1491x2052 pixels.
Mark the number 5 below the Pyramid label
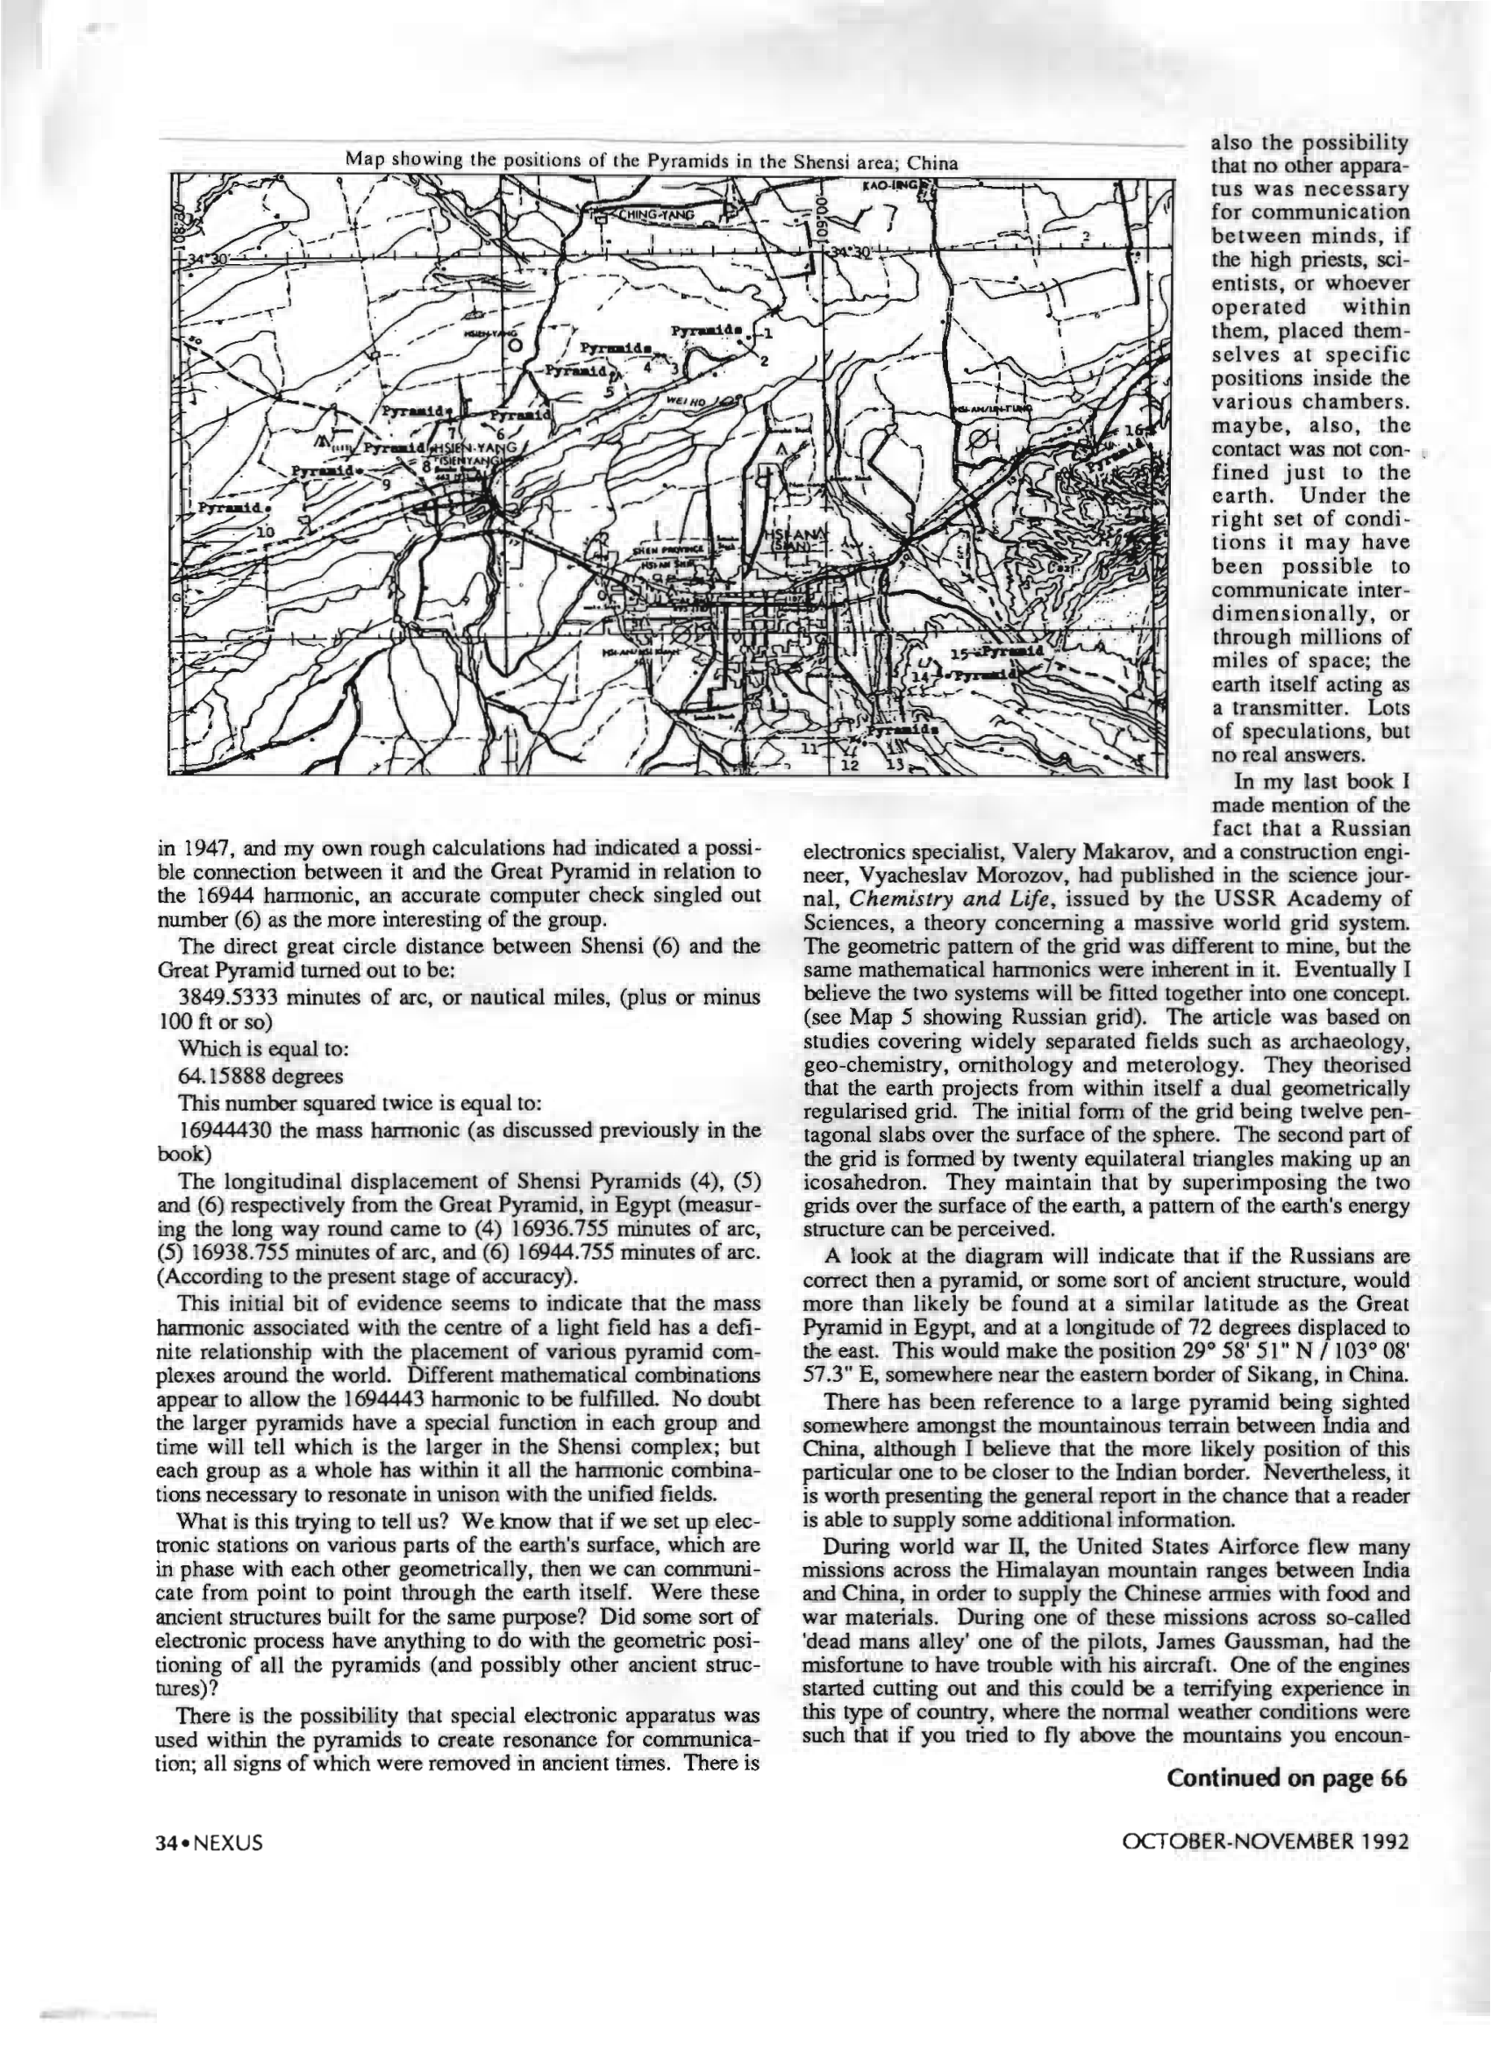coord(609,393)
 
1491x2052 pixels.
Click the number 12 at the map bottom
coord(849,765)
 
